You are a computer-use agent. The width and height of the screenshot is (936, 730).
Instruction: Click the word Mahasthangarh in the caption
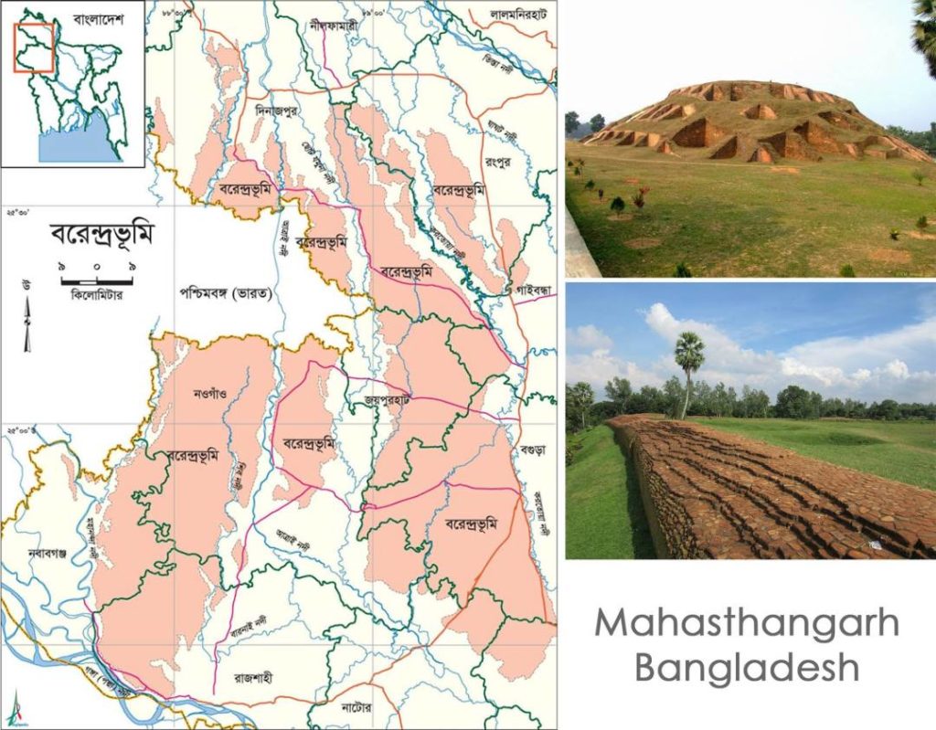(x=746, y=624)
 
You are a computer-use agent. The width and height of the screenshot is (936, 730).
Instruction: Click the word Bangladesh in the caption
(x=746, y=667)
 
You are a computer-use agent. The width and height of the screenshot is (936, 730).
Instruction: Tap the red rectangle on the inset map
(x=35, y=47)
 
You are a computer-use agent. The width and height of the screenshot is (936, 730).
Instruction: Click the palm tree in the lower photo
(x=688, y=365)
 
